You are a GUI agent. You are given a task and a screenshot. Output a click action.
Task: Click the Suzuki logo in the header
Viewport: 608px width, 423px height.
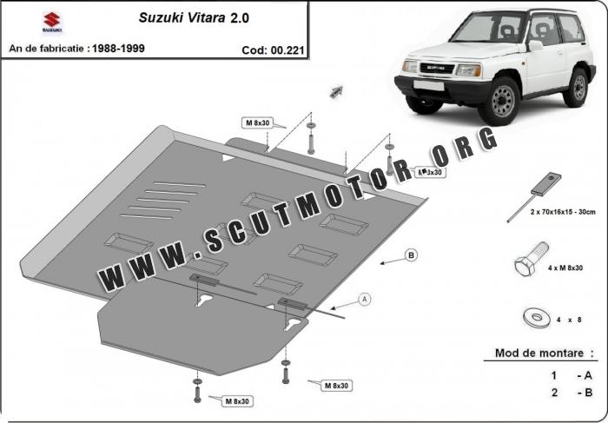pyautogui.click(x=51, y=22)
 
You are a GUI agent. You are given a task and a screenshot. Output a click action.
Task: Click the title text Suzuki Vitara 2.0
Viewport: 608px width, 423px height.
pyautogui.click(x=194, y=18)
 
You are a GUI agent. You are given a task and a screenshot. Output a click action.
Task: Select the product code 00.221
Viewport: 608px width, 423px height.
pyautogui.click(x=288, y=50)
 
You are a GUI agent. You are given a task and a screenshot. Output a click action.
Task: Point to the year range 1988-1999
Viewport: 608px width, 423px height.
pyautogui.click(x=118, y=49)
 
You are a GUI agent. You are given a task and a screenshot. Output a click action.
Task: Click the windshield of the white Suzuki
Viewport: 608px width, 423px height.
pyautogui.click(x=487, y=28)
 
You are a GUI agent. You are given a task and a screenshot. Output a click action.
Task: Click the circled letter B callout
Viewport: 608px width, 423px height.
pyautogui.click(x=411, y=255)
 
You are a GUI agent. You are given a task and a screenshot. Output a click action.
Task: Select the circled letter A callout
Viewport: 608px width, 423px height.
pyautogui.click(x=364, y=300)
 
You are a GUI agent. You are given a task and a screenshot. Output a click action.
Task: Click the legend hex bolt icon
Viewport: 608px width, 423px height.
pyautogui.click(x=532, y=259)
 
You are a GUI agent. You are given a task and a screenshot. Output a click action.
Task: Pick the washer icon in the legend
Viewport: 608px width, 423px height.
pyautogui.click(x=537, y=318)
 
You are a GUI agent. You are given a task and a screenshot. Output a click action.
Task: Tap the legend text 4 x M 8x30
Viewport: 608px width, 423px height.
pyautogui.click(x=565, y=268)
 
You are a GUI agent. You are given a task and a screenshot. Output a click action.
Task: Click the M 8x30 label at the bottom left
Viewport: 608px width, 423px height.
pyautogui.click(x=237, y=401)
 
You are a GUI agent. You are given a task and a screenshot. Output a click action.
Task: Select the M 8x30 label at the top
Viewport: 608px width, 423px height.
pyautogui.click(x=257, y=123)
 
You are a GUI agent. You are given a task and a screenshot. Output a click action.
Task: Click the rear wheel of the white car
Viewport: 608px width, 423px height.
pyautogui.click(x=577, y=88)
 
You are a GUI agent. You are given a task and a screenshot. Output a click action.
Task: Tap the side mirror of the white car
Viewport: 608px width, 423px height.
pyautogui.click(x=536, y=46)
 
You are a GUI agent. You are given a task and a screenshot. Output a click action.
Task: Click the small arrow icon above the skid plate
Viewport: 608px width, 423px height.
pyautogui.click(x=336, y=91)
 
